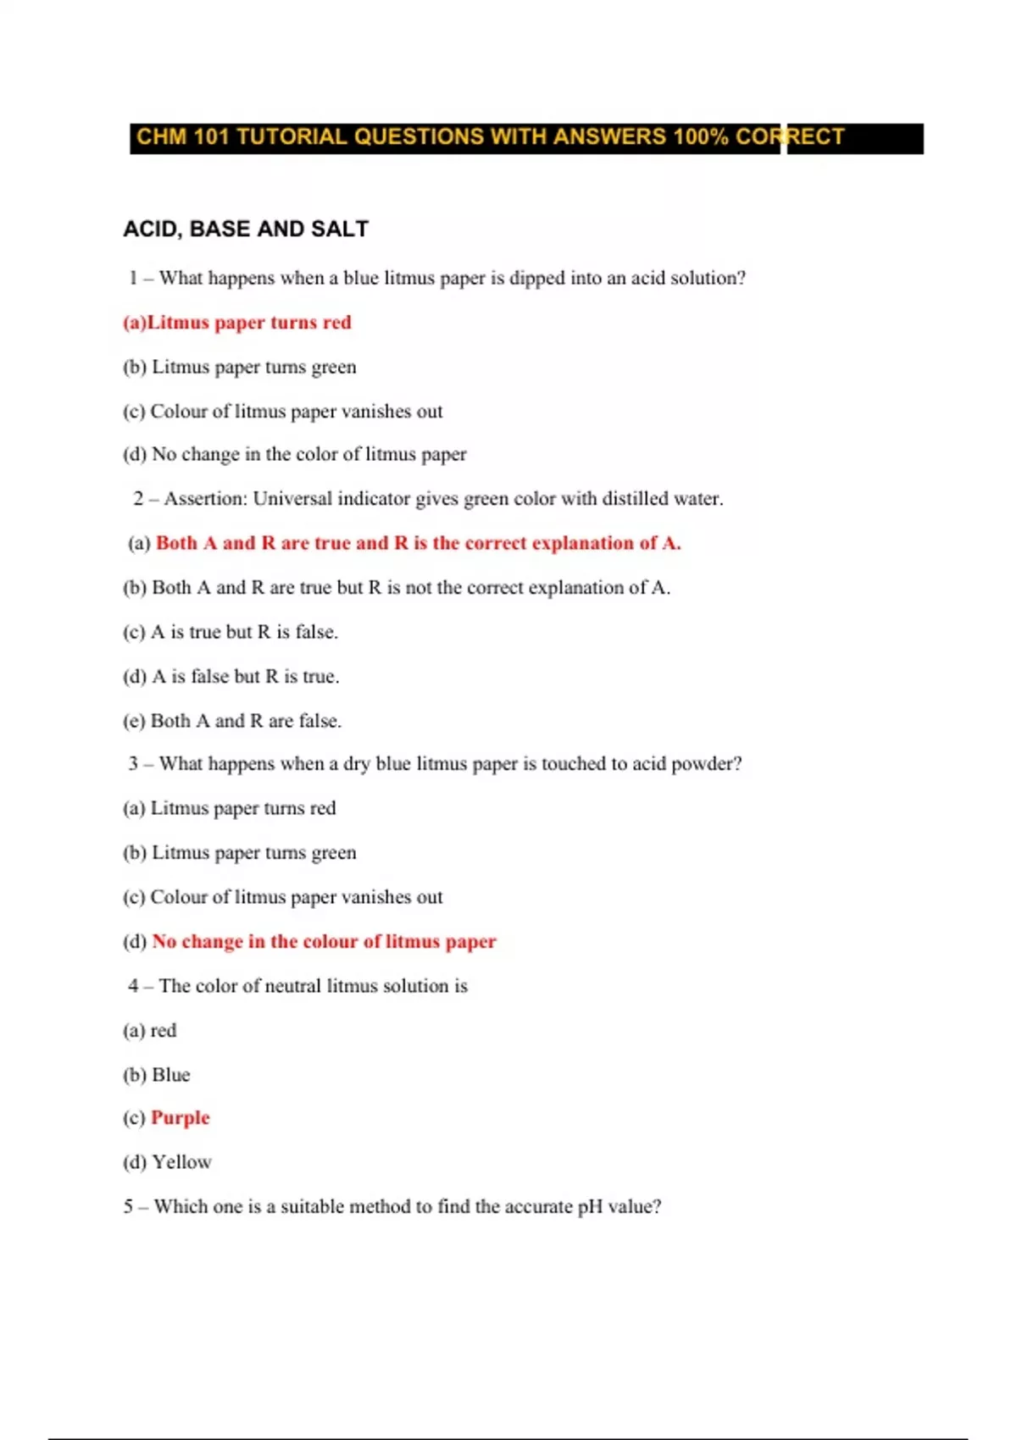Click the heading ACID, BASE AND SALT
[x=246, y=229]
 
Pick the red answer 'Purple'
[x=180, y=1118]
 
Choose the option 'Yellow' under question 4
[x=181, y=1162]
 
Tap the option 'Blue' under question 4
[x=170, y=1075]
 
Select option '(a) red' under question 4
[x=150, y=1031]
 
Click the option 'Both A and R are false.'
[x=245, y=721]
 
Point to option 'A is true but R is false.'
[x=243, y=632]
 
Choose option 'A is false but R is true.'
[x=245, y=677]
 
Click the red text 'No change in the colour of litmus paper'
[x=324, y=942]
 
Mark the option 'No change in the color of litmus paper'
[x=308, y=455]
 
